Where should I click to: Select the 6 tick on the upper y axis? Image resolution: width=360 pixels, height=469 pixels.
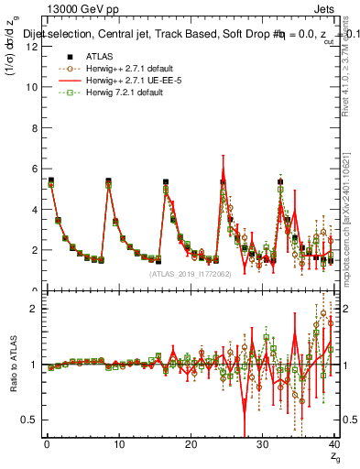[33, 169]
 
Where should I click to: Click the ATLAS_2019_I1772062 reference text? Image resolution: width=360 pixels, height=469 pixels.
[189, 273]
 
